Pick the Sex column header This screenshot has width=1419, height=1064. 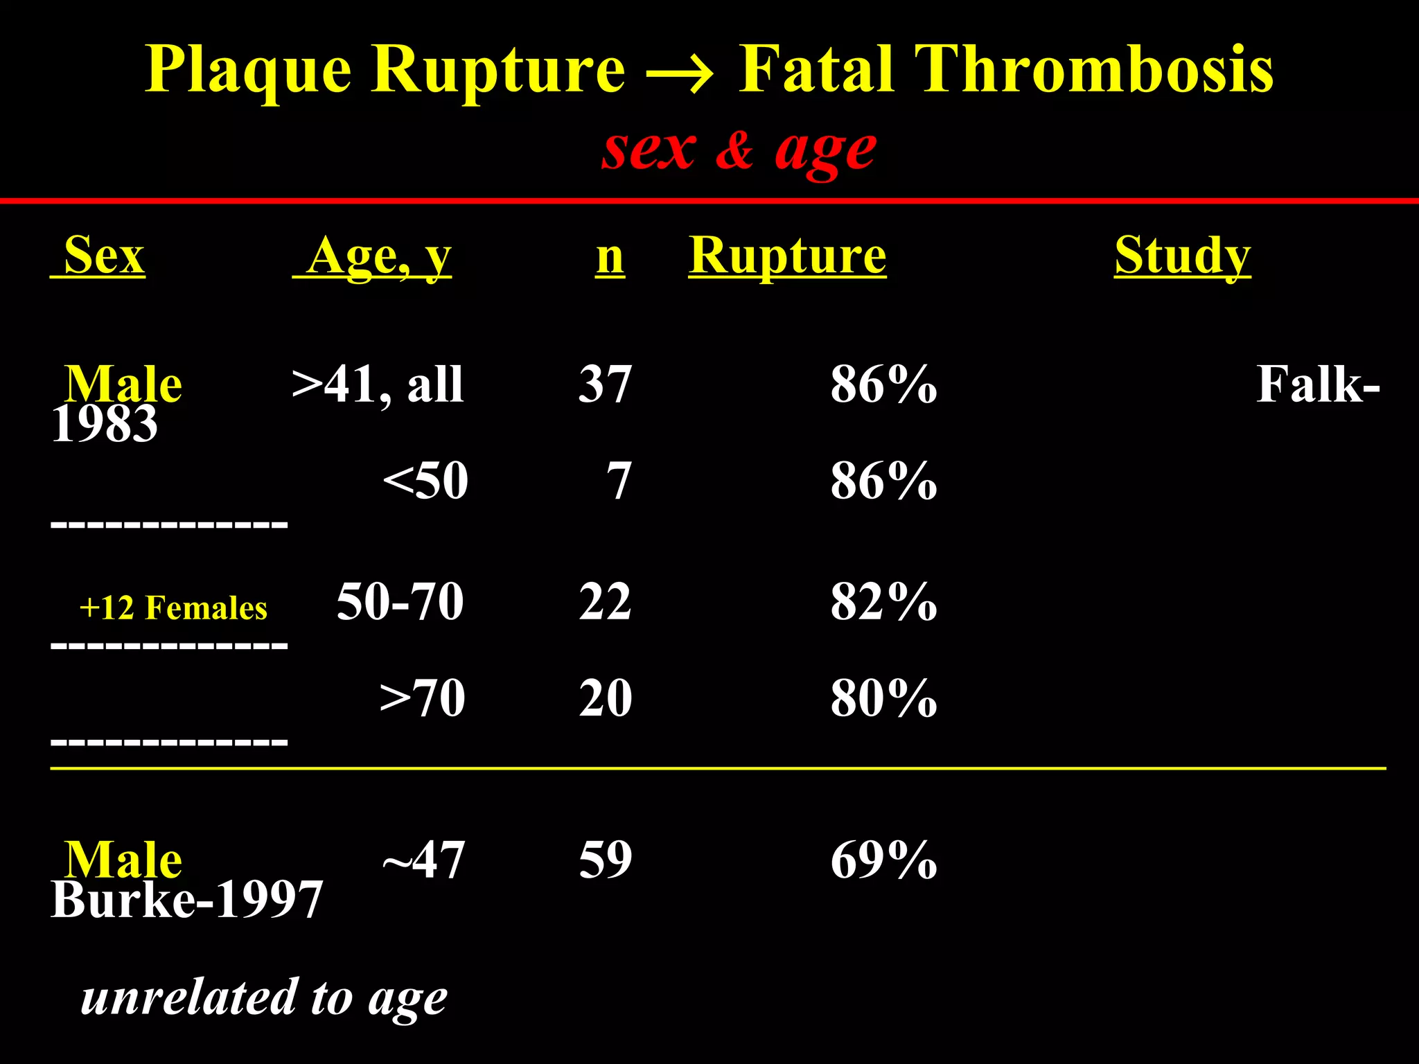click(103, 256)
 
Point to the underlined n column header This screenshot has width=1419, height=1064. click(610, 257)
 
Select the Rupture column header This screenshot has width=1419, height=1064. click(787, 256)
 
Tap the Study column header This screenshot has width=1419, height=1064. click(1182, 256)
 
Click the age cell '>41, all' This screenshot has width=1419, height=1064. click(378, 384)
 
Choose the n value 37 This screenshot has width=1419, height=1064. click(605, 384)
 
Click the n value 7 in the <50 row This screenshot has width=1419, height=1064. click(619, 481)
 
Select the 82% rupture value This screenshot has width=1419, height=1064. click(883, 601)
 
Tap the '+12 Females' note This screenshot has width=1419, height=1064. click(173, 608)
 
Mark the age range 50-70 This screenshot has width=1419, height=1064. click(400, 601)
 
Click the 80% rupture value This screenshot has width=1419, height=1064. click(883, 698)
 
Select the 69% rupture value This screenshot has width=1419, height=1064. click(883, 860)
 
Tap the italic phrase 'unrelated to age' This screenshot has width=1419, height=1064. click(263, 998)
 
